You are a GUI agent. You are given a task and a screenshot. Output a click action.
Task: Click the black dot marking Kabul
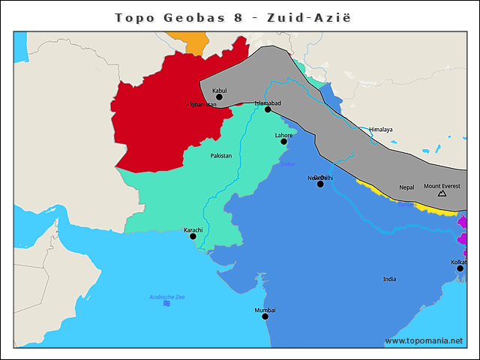point(219,97)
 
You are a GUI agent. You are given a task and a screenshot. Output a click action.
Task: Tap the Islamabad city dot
point(268,109)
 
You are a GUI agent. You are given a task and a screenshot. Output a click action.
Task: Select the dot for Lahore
point(284,142)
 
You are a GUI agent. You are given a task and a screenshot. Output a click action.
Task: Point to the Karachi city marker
point(193,236)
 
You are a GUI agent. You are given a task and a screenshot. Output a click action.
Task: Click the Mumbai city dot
point(265,316)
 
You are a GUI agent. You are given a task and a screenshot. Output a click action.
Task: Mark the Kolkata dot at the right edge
point(460,268)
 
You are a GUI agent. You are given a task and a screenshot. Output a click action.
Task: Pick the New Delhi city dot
point(320,184)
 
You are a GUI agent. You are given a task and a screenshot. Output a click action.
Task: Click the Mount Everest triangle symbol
point(442,193)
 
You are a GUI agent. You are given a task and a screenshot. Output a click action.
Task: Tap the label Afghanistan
point(201,105)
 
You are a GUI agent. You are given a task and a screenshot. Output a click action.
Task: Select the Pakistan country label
point(220,156)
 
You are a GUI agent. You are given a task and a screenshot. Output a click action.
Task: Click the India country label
point(389,279)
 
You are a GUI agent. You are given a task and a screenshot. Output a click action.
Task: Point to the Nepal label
point(406,187)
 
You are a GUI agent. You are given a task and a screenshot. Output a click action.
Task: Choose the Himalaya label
point(380,130)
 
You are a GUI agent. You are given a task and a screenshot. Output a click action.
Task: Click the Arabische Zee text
point(166,297)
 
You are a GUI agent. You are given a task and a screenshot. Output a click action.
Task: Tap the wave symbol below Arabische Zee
point(166,304)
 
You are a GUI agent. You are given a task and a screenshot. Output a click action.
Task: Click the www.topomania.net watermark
point(424,340)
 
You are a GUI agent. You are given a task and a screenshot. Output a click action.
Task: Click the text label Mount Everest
point(442,185)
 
